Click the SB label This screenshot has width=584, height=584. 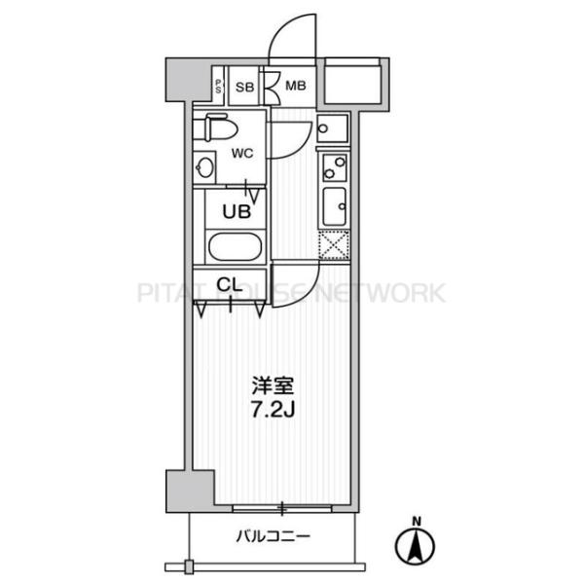244,87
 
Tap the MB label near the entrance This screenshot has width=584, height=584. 295,86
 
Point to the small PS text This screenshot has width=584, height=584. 218,87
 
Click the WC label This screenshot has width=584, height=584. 242,153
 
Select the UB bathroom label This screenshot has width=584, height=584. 237,211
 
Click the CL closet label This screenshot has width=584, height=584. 230,285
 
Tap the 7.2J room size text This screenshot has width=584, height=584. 273,410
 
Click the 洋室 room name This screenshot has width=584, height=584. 273,386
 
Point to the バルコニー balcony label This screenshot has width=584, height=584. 273,536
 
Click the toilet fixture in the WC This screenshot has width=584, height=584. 216,128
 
